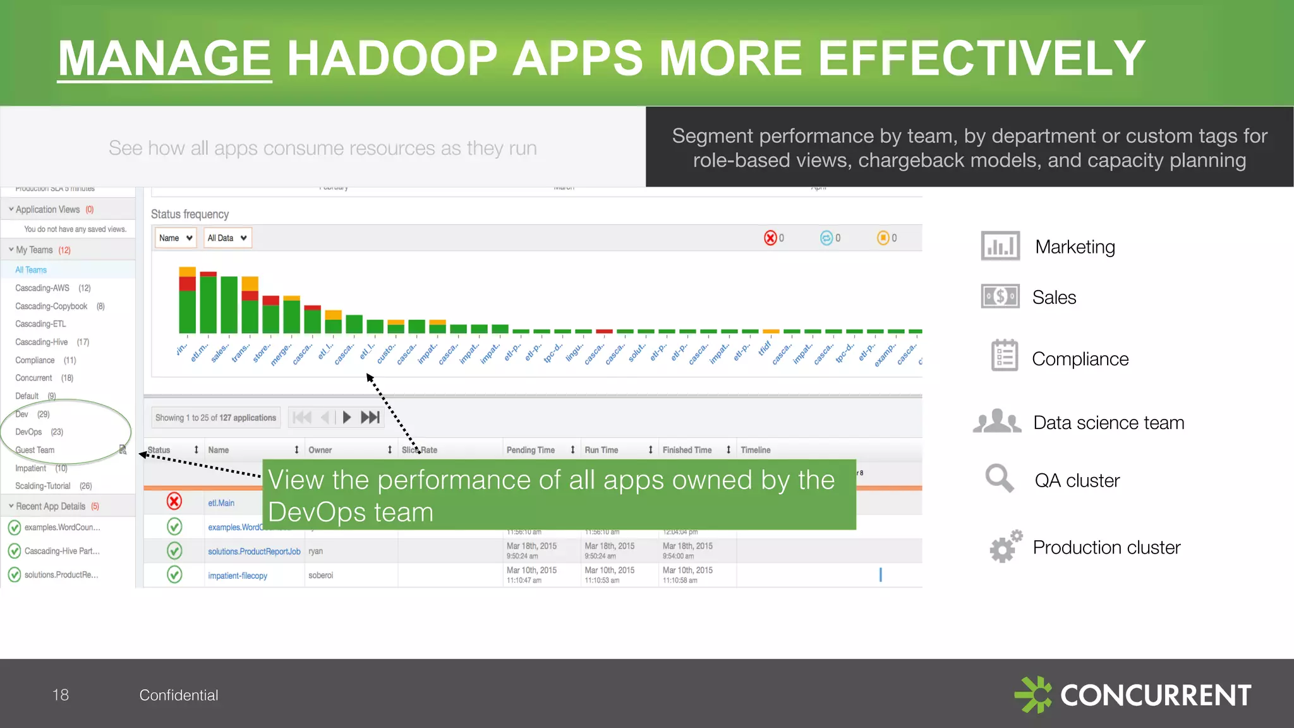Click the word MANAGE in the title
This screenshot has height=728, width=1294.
(x=164, y=58)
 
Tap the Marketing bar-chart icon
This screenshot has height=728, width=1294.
(x=1000, y=246)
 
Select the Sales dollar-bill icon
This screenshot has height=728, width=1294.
(x=1000, y=296)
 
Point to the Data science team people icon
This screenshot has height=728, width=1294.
(x=997, y=422)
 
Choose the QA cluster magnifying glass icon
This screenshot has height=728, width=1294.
(x=1000, y=478)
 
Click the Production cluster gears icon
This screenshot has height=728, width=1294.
(x=1005, y=546)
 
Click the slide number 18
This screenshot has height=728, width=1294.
(x=60, y=695)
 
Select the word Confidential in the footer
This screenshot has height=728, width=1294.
(x=179, y=695)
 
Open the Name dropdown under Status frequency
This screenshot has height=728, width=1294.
(x=176, y=238)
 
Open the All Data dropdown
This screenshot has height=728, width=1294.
(x=227, y=238)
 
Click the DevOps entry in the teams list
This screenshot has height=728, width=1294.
(x=29, y=432)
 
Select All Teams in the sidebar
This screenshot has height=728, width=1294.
(x=31, y=270)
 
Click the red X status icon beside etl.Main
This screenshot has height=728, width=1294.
(x=174, y=502)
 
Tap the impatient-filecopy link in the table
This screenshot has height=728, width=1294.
(x=238, y=576)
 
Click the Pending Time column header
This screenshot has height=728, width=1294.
(x=531, y=450)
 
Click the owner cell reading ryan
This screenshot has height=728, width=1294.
(x=315, y=552)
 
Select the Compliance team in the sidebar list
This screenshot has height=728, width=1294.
(x=35, y=360)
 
